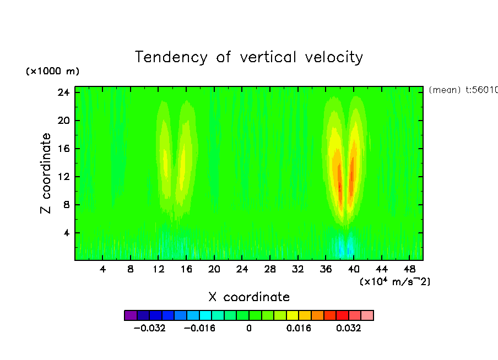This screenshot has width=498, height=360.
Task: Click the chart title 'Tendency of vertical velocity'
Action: click(249, 57)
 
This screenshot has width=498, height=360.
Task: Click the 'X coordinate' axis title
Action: click(249, 297)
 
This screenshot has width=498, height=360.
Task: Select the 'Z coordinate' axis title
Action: click(47, 173)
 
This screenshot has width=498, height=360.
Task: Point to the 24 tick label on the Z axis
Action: click(64, 92)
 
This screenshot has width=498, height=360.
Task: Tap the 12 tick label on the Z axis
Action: click(64, 177)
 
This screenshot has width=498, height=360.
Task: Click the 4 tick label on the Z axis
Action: click(67, 233)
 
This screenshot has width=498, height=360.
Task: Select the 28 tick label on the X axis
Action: click(270, 269)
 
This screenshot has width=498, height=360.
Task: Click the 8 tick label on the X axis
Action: click(131, 269)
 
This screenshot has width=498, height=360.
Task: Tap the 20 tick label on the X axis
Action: click(214, 269)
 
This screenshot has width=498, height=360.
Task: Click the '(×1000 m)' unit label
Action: click(52, 72)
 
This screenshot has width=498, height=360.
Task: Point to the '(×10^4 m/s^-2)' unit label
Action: click(394, 282)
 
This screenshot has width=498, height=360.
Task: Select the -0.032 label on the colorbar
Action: click(150, 329)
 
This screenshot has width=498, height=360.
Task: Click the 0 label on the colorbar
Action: click(249, 329)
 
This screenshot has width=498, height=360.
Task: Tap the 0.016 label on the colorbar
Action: click(299, 329)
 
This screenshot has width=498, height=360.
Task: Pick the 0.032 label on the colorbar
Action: click(349, 329)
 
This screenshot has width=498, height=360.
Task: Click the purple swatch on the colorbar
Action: click(131, 315)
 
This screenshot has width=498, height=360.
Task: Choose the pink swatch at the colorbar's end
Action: click(367, 315)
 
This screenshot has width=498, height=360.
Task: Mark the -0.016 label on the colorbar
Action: click(199, 329)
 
